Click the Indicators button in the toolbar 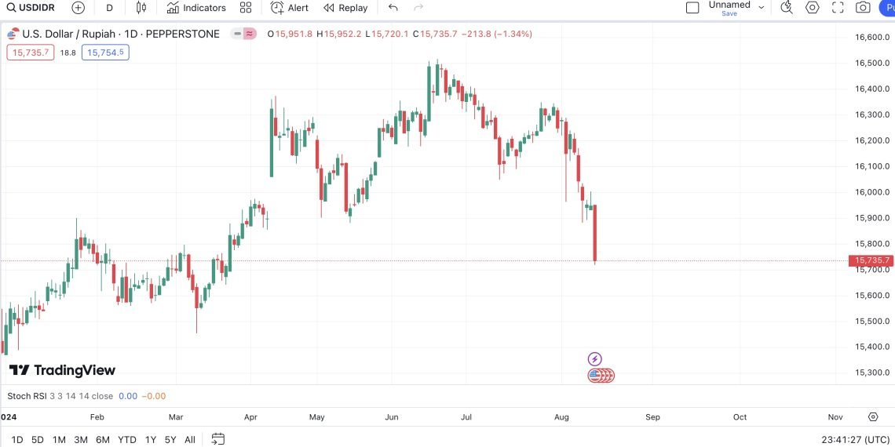(196, 8)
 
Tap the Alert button (290, 8)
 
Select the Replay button (345, 8)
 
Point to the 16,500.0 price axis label (871, 63)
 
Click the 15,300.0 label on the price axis (871, 372)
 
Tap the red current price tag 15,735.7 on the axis (871, 260)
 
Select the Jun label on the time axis (393, 417)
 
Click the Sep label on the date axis (652, 417)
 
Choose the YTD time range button (126, 440)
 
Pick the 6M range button (103, 440)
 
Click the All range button (190, 440)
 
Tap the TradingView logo (62, 370)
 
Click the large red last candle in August (595, 233)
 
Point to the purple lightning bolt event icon (594, 359)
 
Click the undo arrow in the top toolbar (393, 8)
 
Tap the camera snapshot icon (863, 8)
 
